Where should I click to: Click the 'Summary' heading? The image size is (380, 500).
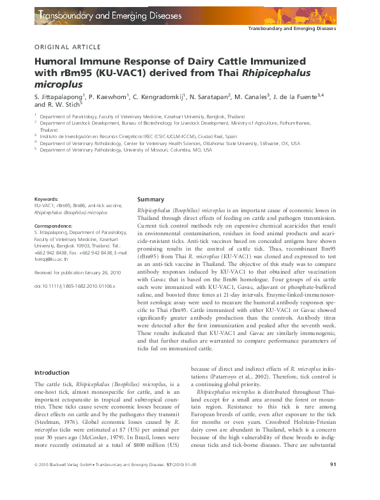coord(151,199)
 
